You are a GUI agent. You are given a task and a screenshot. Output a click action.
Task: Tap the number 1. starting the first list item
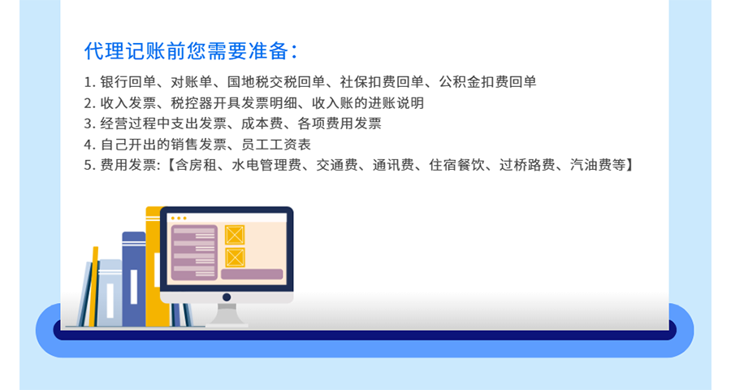[x=89, y=82]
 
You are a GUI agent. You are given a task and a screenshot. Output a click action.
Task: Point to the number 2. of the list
[x=89, y=103]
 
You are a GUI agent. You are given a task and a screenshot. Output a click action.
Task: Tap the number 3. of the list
[x=89, y=124]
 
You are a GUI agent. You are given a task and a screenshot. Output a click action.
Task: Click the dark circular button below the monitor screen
[x=227, y=297]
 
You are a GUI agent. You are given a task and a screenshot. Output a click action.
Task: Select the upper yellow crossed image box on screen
[x=235, y=234]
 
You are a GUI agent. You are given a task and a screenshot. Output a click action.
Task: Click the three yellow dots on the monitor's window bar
[x=179, y=218]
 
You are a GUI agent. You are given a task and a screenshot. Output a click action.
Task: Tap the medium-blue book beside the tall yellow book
[x=133, y=276]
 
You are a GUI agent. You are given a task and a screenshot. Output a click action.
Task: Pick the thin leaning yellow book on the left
[x=93, y=284]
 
